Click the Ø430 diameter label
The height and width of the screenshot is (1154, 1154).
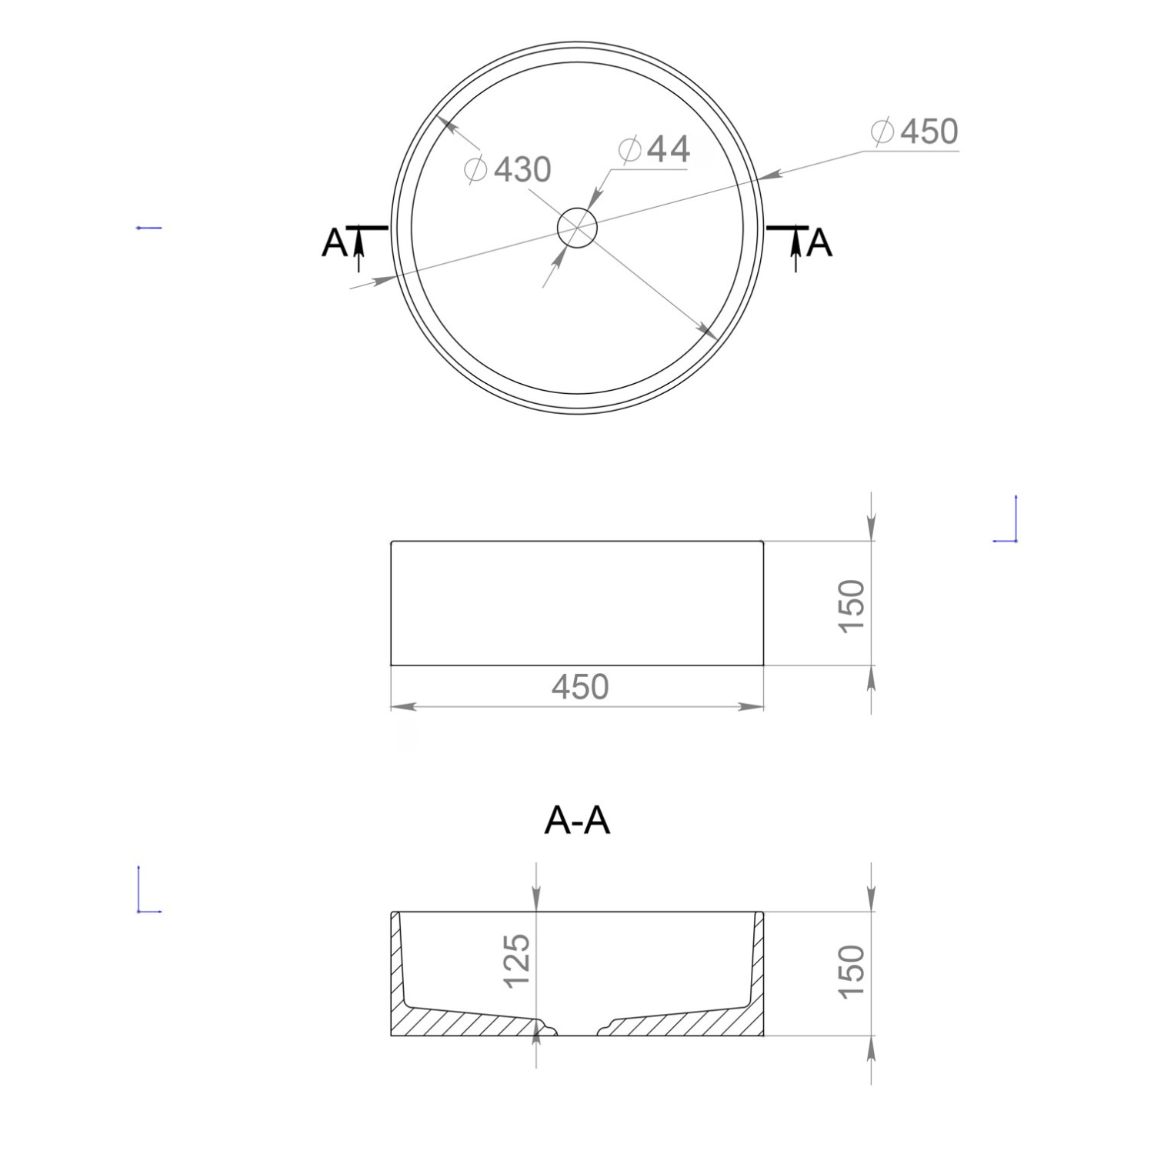click(509, 169)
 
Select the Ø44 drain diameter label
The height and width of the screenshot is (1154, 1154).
click(654, 149)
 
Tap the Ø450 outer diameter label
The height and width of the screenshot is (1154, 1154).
click(915, 132)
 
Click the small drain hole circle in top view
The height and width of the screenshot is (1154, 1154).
click(577, 228)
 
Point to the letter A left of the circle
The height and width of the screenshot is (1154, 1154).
click(334, 243)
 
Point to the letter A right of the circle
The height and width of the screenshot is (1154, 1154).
click(820, 243)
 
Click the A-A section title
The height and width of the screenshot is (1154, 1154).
click(577, 821)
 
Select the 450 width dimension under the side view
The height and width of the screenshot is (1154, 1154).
click(580, 686)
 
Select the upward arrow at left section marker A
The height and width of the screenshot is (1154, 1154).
click(359, 252)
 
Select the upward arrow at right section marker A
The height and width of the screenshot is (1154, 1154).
click(795, 252)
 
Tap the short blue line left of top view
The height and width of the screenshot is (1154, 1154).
click(148, 228)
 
